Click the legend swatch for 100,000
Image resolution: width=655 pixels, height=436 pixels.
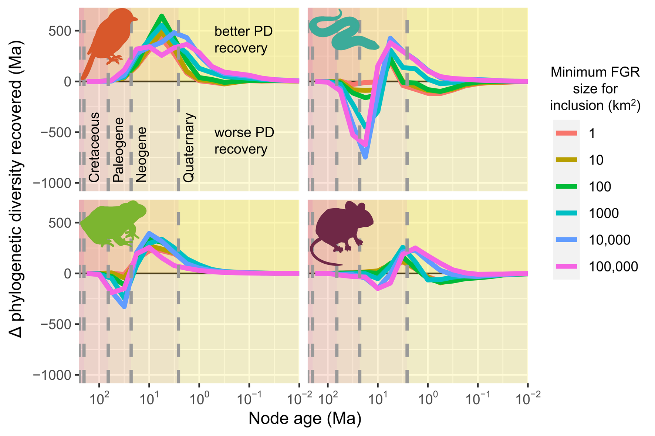(x=566, y=266)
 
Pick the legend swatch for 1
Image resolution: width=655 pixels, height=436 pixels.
(x=566, y=133)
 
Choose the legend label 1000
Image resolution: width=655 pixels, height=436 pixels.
(x=604, y=213)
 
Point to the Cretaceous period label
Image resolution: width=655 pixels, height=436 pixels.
(x=95, y=147)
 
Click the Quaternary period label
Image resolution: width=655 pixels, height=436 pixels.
(x=189, y=147)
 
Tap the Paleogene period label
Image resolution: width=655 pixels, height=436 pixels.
(x=118, y=150)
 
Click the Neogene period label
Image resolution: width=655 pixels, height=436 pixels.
(x=141, y=155)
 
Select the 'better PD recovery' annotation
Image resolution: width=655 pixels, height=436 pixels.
(x=243, y=40)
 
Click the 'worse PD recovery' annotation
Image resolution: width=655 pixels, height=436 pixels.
(x=244, y=141)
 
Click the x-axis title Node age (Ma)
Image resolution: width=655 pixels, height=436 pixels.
(x=305, y=419)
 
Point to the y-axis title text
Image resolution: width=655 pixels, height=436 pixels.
(x=17, y=189)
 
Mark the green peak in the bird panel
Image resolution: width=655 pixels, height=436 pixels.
(x=162, y=16)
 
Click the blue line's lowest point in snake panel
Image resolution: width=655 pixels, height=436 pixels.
(x=365, y=157)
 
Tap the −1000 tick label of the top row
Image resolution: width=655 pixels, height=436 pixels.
(x=52, y=183)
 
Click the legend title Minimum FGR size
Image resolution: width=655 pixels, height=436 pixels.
(x=595, y=89)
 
